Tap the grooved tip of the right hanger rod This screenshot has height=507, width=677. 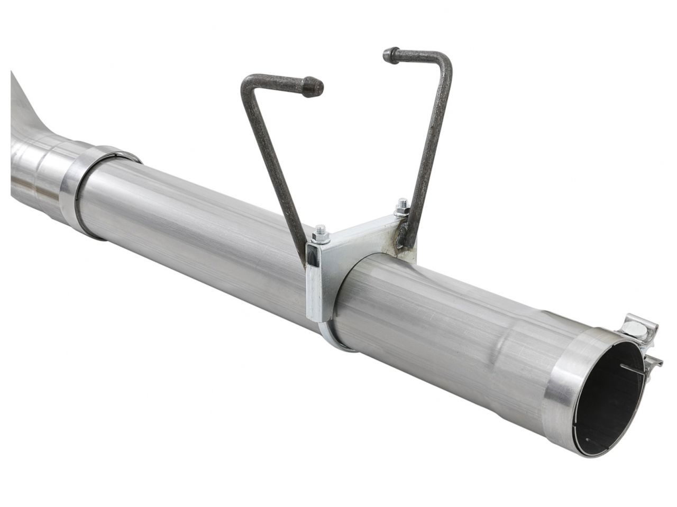(x=390, y=54)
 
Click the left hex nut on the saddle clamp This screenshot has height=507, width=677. (x=320, y=231)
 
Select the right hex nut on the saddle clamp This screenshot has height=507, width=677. (x=401, y=206)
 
